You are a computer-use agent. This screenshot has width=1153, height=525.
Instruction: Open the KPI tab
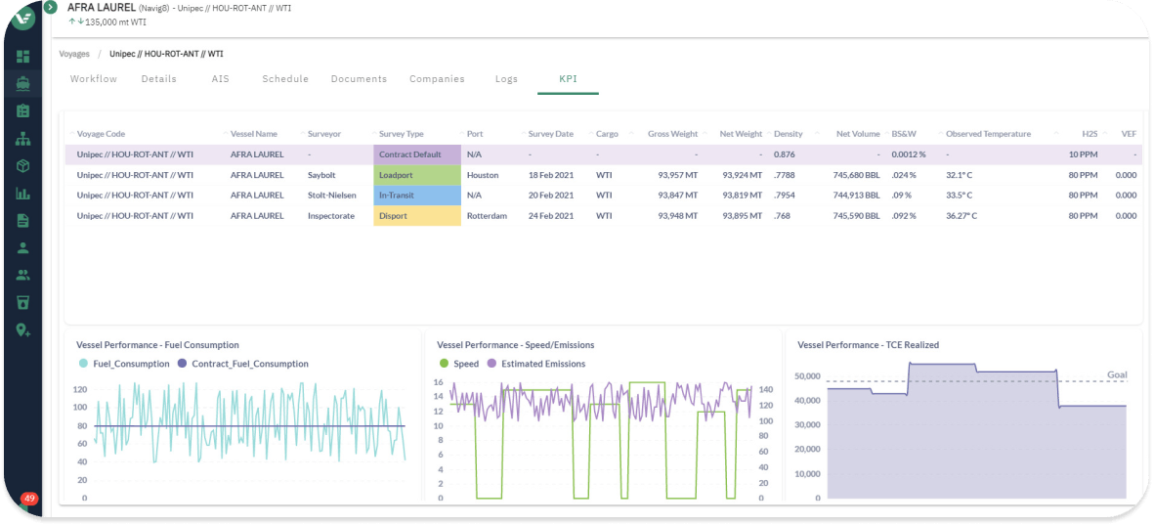pos(568,79)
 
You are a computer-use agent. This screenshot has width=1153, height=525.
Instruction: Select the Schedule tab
pos(285,79)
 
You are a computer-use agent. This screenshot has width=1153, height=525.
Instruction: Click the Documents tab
pos(359,79)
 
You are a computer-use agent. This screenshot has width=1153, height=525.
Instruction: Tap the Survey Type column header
pos(402,135)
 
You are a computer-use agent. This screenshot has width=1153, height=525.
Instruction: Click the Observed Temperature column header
pos(988,135)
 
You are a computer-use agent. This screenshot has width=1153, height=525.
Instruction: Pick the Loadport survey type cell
pos(417,176)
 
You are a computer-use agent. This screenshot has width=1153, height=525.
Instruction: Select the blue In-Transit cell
pos(417,196)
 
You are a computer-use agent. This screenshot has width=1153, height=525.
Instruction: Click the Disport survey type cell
pos(417,216)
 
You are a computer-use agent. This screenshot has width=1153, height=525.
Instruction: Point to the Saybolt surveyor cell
pos(322,176)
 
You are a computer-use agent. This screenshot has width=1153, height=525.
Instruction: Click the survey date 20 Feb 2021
pos(551,196)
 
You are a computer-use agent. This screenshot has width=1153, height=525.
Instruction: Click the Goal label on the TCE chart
pos(1117,375)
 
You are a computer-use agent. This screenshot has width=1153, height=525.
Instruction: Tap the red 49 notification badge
pos(29,500)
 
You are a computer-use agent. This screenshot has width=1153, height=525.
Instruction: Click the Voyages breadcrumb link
pos(74,54)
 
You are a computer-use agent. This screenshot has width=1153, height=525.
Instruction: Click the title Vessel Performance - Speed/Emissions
pos(516,344)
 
